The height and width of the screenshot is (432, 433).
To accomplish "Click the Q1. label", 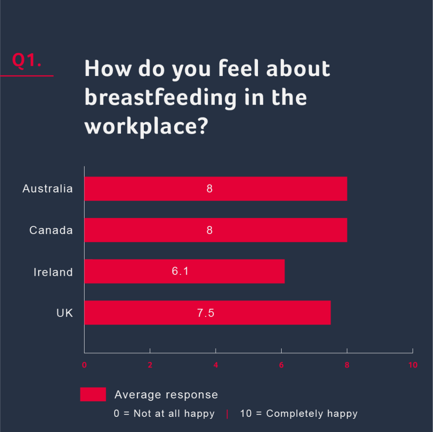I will [x=26, y=60].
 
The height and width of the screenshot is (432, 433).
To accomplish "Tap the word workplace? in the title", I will [x=146, y=126].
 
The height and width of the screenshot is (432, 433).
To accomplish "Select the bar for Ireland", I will [x=184, y=271].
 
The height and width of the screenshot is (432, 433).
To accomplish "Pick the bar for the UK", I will [x=207, y=312].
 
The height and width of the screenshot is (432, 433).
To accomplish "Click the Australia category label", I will [x=48, y=188].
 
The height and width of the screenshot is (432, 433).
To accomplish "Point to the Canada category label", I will [x=51, y=230].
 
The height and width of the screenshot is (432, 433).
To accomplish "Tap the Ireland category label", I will [x=53, y=272].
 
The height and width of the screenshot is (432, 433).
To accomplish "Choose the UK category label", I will [x=65, y=313].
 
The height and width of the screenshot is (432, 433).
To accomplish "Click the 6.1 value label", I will [x=180, y=271].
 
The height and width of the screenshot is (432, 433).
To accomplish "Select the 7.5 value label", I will [x=206, y=313].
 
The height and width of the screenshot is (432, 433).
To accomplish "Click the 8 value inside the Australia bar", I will [x=209, y=188].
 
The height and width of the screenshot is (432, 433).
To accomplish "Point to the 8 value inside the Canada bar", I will [x=209, y=230].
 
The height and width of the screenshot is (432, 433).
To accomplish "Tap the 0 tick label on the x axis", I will [x=84, y=365].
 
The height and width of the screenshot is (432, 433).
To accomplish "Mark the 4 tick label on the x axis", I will [x=216, y=365].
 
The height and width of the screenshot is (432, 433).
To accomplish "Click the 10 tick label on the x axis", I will [x=412, y=365].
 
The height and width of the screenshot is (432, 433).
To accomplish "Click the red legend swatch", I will [x=93, y=394].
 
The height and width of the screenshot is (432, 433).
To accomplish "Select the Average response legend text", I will [x=166, y=395].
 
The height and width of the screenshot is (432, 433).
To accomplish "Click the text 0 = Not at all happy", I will [x=164, y=414].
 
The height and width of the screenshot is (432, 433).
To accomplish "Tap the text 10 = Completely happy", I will [x=299, y=414].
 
